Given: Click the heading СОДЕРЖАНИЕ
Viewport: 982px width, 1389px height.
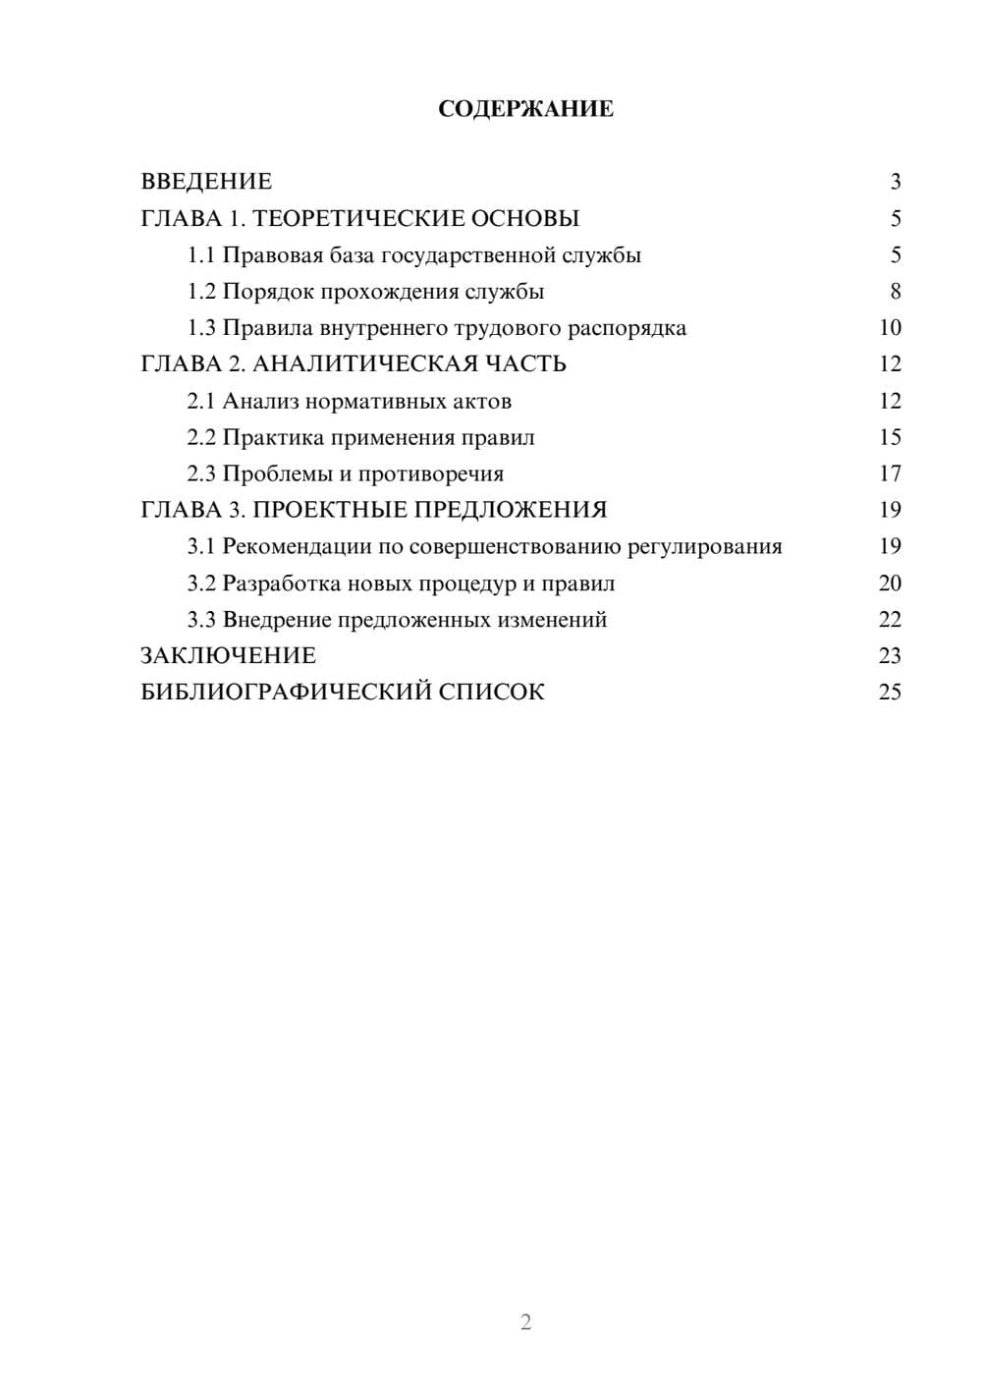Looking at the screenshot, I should click(525, 109).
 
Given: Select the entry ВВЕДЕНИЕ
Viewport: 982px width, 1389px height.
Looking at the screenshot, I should click(206, 182).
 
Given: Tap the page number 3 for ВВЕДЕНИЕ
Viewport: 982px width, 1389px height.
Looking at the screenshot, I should click(895, 182).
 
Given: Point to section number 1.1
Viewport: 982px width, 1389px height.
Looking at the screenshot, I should click(201, 255).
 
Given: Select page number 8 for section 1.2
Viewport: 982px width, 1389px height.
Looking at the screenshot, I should click(895, 292).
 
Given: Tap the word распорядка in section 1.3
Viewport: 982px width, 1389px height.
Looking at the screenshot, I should click(627, 328).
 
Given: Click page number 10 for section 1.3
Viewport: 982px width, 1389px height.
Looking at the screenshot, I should click(890, 328).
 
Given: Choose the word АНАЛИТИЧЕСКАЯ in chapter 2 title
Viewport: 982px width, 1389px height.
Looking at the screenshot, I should click(363, 364).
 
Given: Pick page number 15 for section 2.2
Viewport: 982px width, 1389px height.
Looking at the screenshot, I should click(890, 437).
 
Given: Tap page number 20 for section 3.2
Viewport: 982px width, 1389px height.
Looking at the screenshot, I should click(890, 583).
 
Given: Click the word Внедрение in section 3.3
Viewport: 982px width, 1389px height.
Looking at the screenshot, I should click(276, 620).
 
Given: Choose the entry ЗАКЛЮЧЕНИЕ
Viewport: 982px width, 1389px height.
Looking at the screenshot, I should click(228, 656).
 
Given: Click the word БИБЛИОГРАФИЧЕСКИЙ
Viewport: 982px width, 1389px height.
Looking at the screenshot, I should click(286, 693).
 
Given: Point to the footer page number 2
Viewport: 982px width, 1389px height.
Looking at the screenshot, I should click(525, 1322).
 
